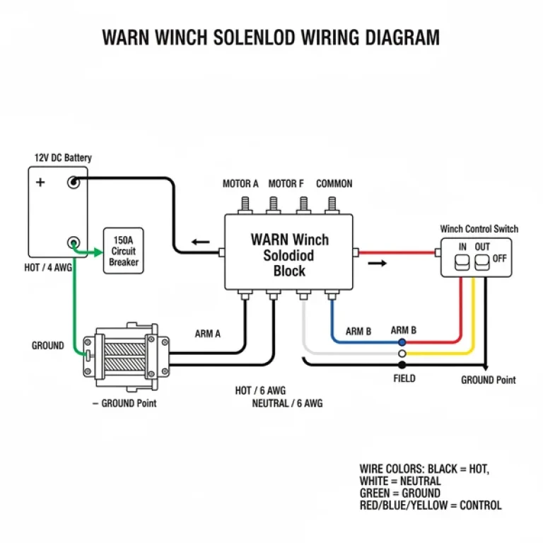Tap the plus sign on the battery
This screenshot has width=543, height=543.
pyautogui.click(x=40, y=182)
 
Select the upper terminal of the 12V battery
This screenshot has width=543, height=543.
pyautogui.click(x=72, y=182)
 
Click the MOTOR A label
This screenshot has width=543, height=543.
pyautogui.click(x=240, y=184)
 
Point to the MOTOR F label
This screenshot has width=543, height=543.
pyautogui.click(x=286, y=184)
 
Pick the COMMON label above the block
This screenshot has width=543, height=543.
pyautogui.click(x=334, y=184)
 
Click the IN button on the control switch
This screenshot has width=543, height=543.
pyautogui.click(x=463, y=263)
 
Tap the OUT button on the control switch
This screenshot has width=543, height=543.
pyautogui.click(x=482, y=263)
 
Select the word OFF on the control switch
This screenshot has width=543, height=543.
pyautogui.click(x=500, y=258)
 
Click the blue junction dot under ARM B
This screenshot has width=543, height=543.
pyautogui.click(x=402, y=341)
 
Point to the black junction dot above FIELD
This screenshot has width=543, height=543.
pyautogui.click(x=402, y=365)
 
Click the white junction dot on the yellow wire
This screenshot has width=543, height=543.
pyautogui.click(x=402, y=353)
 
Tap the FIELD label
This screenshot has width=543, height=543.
pyautogui.click(x=404, y=378)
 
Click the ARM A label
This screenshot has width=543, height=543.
pyautogui.click(x=207, y=334)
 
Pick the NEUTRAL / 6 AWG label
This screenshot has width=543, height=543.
pyautogui.click(x=287, y=404)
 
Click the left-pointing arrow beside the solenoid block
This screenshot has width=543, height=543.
pyautogui.click(x=201, y=242)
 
